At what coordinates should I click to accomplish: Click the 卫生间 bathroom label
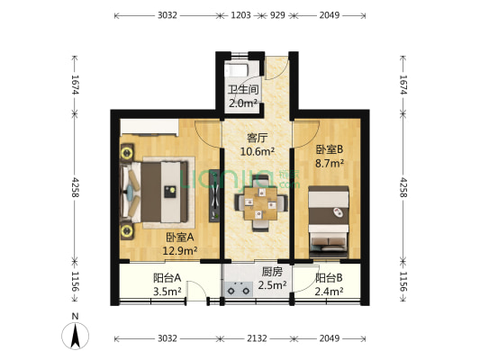pyautogui.click(x=242, y=89)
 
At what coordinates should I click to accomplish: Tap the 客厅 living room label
pyautogui.click(x=258, y=138)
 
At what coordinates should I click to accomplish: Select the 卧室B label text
pyautogui.click(x=328, y=150)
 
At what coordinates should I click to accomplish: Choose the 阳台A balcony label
pyautogui.click(x=167, y=277)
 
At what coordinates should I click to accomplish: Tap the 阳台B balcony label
pyautogui.click(x=329, y=277)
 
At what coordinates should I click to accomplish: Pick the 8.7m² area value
pyautogui.click(x=328, y=164)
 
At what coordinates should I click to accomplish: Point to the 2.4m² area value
pyautogui.click(x=330, y=291)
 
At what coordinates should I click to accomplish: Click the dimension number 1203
pyautogui.click(x=240, y=16)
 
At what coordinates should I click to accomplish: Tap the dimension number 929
pyautogui.click(x=277, y=16)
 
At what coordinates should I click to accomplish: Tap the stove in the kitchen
pyautogui.click(x=240, y=290)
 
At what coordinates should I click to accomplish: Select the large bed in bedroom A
pyautogui.click(x=162, y=192)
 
